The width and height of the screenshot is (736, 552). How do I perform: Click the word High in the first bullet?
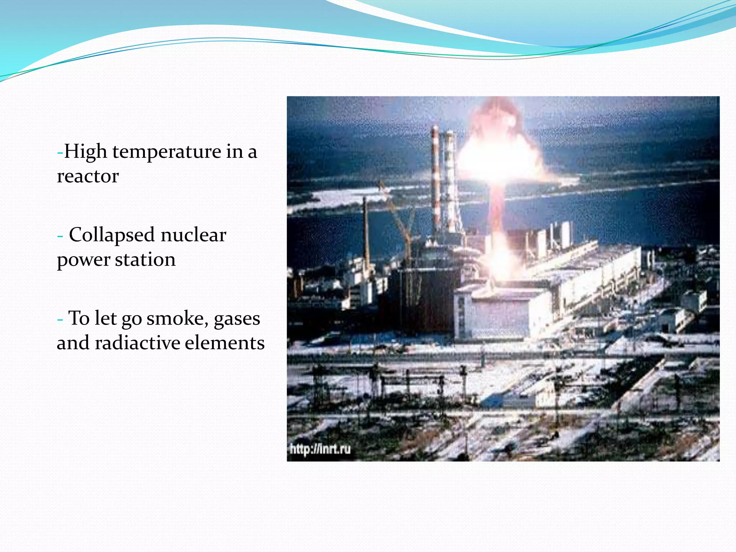pos(86,152)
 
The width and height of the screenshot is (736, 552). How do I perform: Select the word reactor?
pos(88,176)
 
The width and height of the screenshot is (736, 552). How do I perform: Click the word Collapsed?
pos(112,236)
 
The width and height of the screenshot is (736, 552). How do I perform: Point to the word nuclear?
pos(193,235)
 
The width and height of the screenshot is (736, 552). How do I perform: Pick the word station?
pos(145,259)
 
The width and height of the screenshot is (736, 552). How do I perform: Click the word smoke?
pos(178,318)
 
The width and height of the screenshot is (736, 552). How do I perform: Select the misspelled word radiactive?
pos(137,342)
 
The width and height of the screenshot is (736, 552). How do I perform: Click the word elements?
pos(225,342)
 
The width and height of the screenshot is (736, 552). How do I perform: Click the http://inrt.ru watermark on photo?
pos(320,449)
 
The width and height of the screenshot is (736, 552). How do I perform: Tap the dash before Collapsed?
pos(60,236)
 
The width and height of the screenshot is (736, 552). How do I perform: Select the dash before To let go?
pos(60,319)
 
